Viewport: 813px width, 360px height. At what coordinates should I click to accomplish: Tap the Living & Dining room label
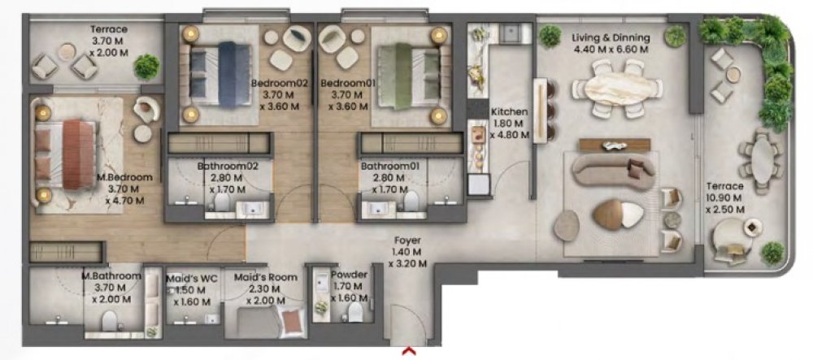tap(611, 38)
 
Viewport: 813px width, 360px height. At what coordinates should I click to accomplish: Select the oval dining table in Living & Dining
tap(616, 89)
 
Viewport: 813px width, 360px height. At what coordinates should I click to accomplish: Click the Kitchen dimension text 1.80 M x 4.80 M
tap(509, 129)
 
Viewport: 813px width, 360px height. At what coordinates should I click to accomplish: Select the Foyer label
tap(407, 241)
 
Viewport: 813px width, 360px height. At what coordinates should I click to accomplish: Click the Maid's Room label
tap(266, 278)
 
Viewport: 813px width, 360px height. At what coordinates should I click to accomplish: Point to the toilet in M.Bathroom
tap(110, 321)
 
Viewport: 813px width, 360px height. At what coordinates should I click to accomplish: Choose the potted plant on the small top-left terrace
tap(146, 67)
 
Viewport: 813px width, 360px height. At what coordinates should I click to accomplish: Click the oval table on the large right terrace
tap(763, 159)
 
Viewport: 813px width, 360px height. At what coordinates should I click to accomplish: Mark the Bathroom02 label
tap(228, 167)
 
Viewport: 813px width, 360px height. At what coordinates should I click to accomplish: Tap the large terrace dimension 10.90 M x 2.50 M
tap(725, 204)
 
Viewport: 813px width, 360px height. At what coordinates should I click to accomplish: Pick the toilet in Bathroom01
tap(411, 201)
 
